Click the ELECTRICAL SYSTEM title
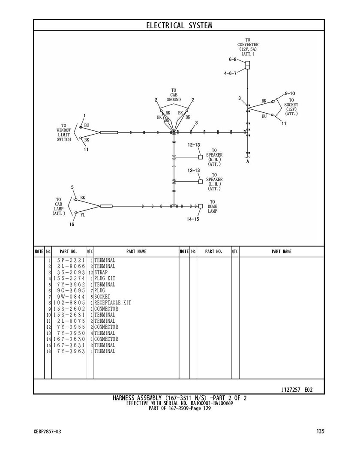coord(179,26)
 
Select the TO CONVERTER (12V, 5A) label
coord(248,47)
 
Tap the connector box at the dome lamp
coord(201,206)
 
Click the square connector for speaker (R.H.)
coord(201,157)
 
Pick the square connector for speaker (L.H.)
coord(201,181)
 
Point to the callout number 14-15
coord(193,219)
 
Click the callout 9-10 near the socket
coord(290,93)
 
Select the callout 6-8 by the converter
coord(233,60)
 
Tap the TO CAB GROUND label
coord(174,95)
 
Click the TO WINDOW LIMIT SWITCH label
coord(64,132)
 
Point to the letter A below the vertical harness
coord(248,161)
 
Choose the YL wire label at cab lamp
coord(83,215)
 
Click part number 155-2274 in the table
coord(69,279)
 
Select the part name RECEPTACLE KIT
coord(113,303)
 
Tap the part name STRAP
coord(101,272)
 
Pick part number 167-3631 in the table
coord(69,346)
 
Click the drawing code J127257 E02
coord(297,390)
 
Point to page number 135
coord(321,431)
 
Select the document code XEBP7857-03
coord(48,432)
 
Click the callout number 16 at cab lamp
coord(72,224)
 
